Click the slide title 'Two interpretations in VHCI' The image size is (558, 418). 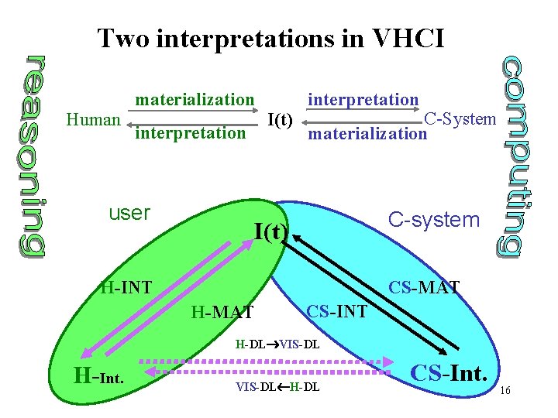[x=271, y=37]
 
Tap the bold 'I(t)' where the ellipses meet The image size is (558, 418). [x=271, y=231]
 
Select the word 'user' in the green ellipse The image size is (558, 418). [x=129, y=212]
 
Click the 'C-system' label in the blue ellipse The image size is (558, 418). [x=434, y=219]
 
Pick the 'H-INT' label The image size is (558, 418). [x=126, y=289]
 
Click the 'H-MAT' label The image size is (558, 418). [x=222, y=312]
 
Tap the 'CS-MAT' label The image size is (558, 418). [x=424, y=289]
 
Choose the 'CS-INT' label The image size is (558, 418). [x=337, y=312]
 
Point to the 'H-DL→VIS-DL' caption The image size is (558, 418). [x=277, y=343]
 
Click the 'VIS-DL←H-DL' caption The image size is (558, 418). [x=277, y=385]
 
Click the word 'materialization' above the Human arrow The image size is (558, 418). [x=195, y=99]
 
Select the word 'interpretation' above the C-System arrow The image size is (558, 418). [x=363, y=99]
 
